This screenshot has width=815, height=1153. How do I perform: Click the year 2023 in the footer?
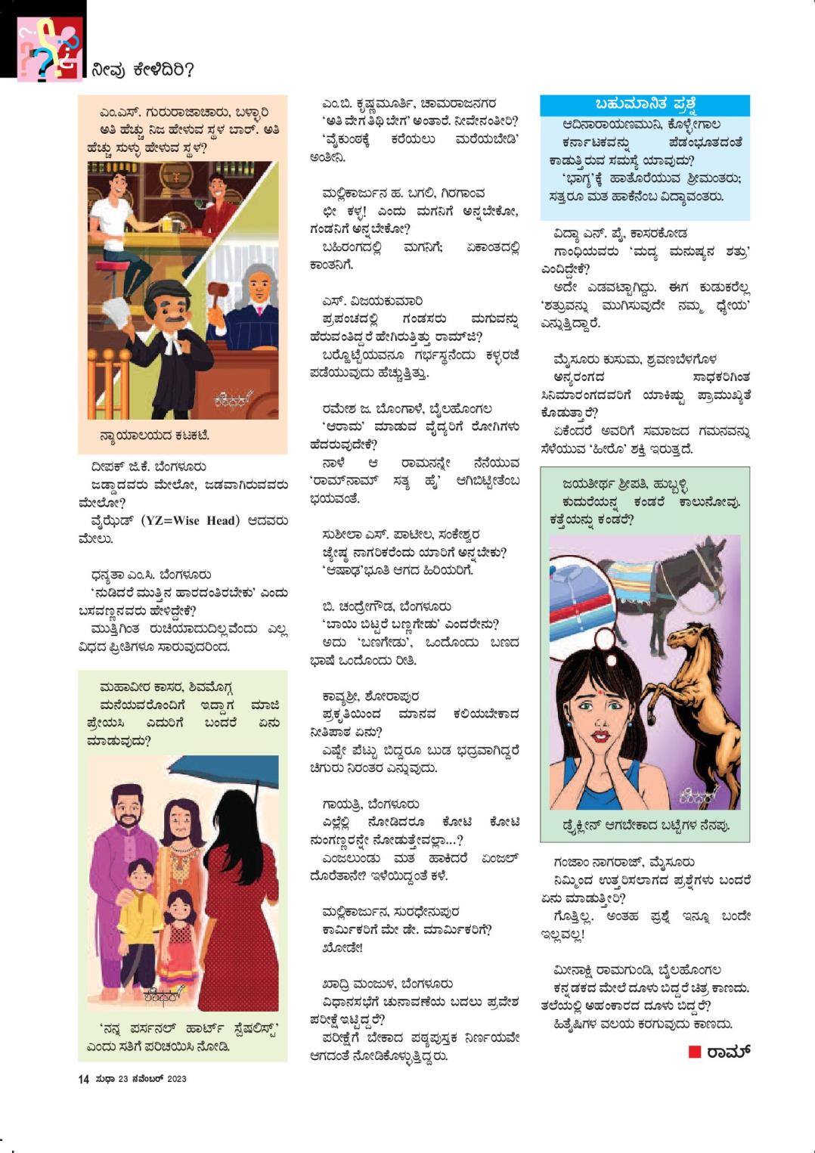pyautogui.click(x=176, y=1079)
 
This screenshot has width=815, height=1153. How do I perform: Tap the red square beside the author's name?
pyautogui.click(x=695, y=1052)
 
